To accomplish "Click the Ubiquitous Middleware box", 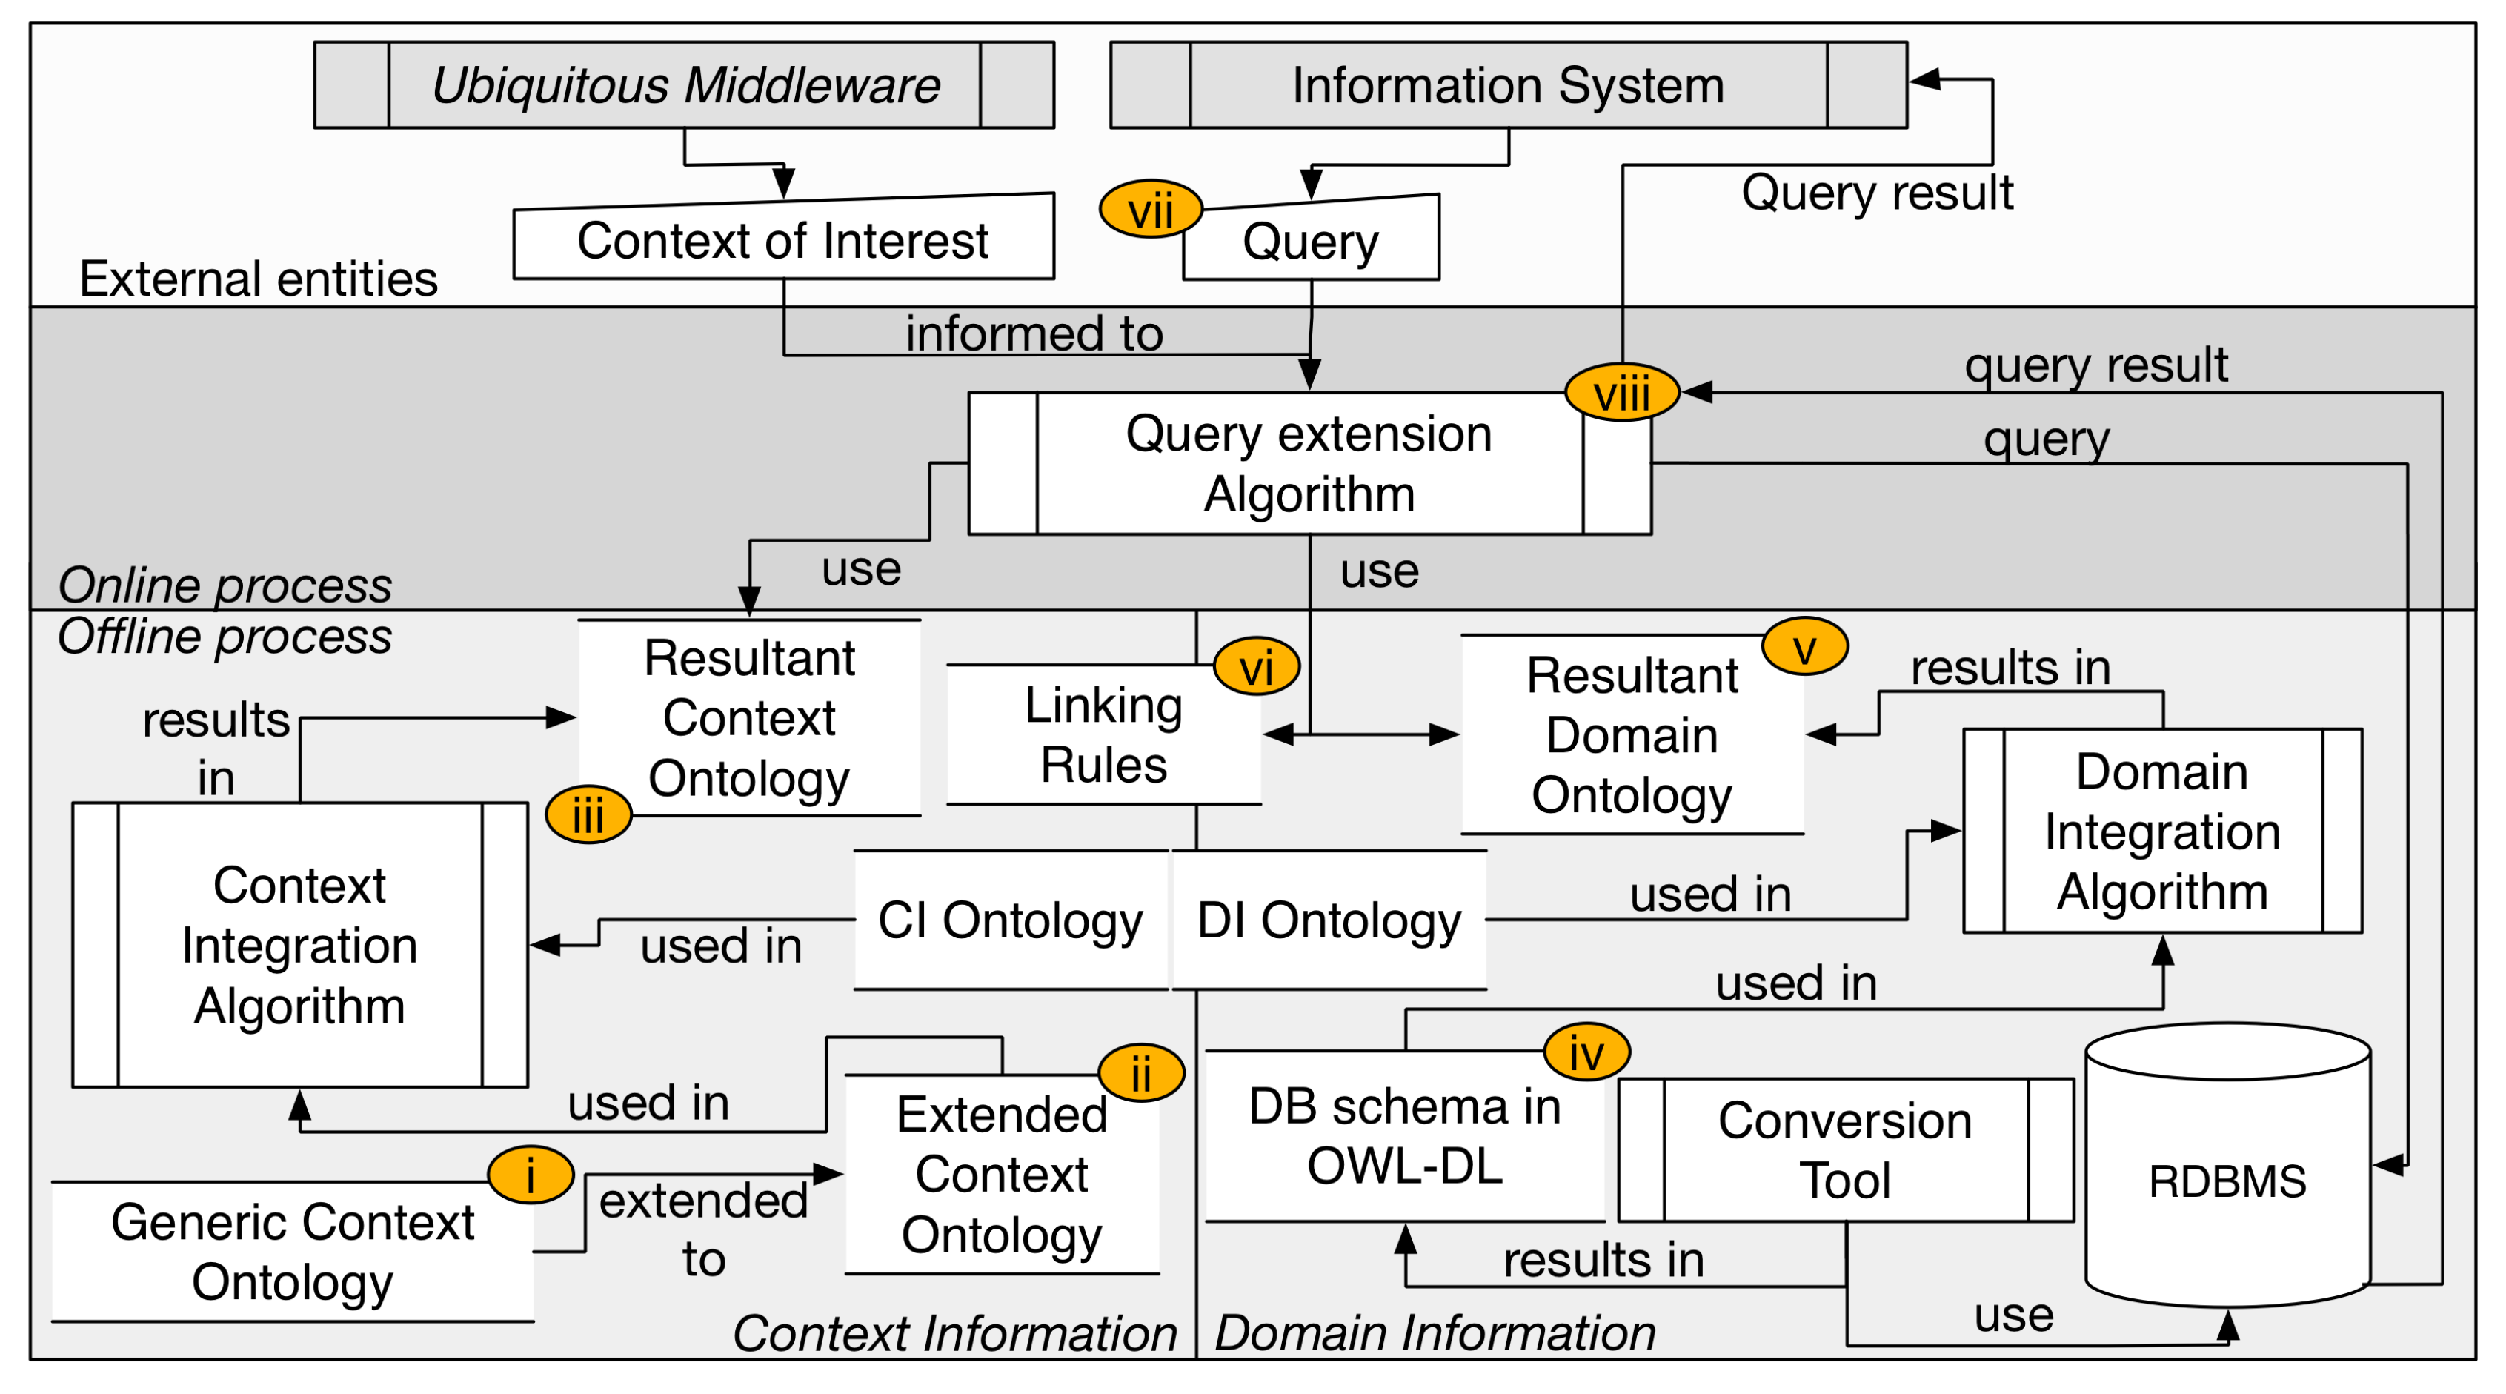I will (683, 84).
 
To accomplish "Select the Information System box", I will (1507, 84).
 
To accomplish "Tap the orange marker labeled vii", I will (1150, 209).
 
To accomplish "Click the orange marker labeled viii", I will (1621, 393).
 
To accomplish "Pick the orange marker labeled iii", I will (588, 814).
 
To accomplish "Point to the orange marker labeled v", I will (1804, 647).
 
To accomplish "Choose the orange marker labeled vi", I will (1256, 667).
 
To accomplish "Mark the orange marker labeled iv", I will (1586, 1052).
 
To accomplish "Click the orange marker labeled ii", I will (1140, 1073).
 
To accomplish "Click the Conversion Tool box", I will (1844, 1150).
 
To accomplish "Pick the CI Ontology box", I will (1010, 920).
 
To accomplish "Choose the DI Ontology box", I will (1329, 920).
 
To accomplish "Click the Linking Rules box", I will (1103, 735).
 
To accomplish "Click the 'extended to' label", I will (702, 1229).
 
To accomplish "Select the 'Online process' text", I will (225, 585).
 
